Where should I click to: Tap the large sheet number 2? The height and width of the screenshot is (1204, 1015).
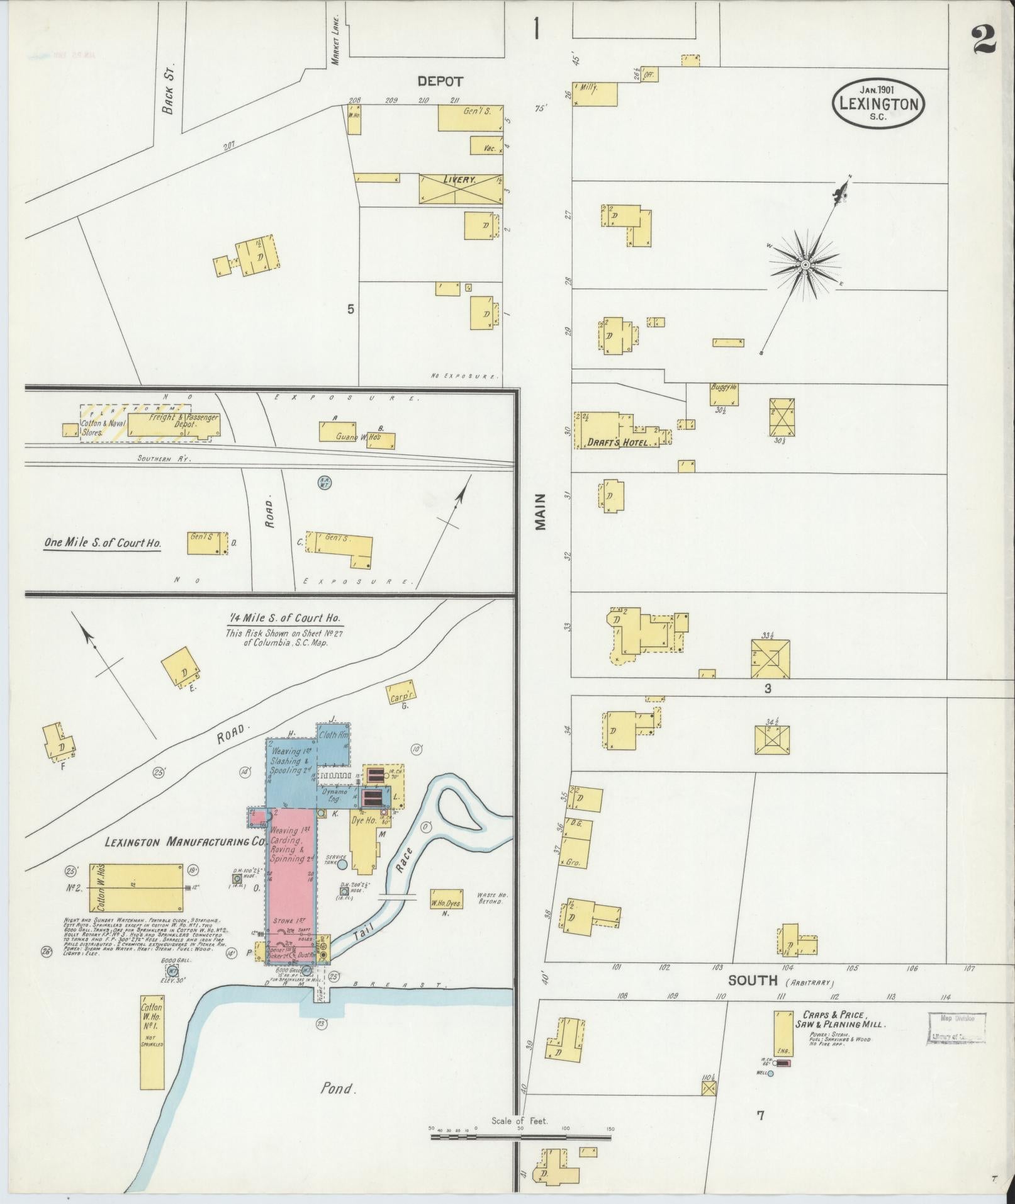[983, 39]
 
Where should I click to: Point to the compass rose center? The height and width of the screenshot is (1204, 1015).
[804, 266]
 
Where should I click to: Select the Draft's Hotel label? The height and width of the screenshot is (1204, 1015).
[608, 442]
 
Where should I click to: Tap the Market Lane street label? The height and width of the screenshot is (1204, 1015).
[335, 39]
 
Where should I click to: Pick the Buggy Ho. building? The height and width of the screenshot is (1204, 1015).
[724, 394]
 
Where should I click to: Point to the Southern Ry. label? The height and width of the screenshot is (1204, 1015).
[164, 458]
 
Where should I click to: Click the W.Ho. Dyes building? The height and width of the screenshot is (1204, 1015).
[446, 901]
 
